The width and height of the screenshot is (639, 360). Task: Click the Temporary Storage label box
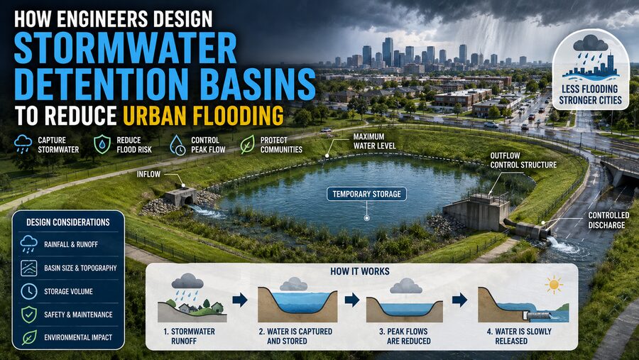click(366, 194)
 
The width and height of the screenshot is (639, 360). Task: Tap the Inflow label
click(148, 174)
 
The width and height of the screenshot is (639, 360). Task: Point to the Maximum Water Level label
click(374, 141)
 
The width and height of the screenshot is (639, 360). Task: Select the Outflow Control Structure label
click(523, 160)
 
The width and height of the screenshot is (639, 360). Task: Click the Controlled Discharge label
click(608, 220)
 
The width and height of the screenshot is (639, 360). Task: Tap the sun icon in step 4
click(554, 285)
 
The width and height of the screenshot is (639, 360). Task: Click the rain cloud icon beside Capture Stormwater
click(23, 144)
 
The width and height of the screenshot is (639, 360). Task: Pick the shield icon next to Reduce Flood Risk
click(102, 144)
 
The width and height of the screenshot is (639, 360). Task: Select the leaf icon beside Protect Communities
click(247, 145)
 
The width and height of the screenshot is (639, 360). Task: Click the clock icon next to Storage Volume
click(28, 292)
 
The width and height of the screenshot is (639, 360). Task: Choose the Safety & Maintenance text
click(78, 315)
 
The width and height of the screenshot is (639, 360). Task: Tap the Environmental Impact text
click(78, 337)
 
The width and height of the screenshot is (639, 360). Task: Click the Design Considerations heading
click(68, 222)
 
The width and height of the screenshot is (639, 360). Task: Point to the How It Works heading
click(360, 271)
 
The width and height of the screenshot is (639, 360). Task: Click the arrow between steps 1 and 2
click(240, 300)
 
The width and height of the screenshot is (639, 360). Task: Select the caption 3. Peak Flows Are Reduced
click(405, 337)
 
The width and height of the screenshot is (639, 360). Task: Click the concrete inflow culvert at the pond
click(181, 196)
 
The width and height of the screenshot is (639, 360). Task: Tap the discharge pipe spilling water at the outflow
click(528, 229)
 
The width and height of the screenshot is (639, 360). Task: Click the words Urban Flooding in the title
click(203, 115)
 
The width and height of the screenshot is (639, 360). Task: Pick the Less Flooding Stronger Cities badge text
click(590, 94)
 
